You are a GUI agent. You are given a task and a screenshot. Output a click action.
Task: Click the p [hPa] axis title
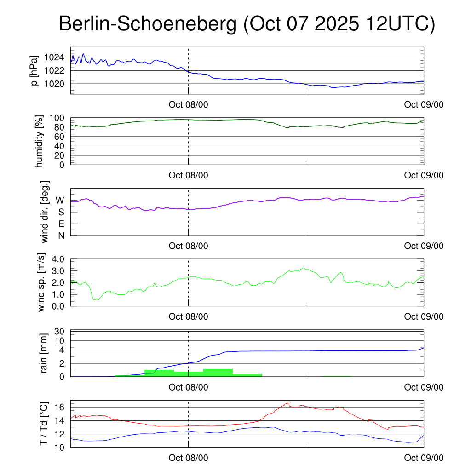click(34, 71)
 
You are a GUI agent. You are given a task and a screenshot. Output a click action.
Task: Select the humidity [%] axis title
click(39, 141)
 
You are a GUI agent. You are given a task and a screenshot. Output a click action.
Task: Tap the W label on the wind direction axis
click(60, 201)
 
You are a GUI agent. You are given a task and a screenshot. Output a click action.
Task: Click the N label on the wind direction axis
click(61, 235)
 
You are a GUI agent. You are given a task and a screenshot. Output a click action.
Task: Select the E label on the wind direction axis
click(61, 224)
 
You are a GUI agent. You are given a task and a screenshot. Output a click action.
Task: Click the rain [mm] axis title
click(44, 353)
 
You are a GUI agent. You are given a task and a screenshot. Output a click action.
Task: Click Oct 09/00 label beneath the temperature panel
click(424, 458)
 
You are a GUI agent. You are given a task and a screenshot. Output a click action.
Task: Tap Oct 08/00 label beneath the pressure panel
click(188, 104)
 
